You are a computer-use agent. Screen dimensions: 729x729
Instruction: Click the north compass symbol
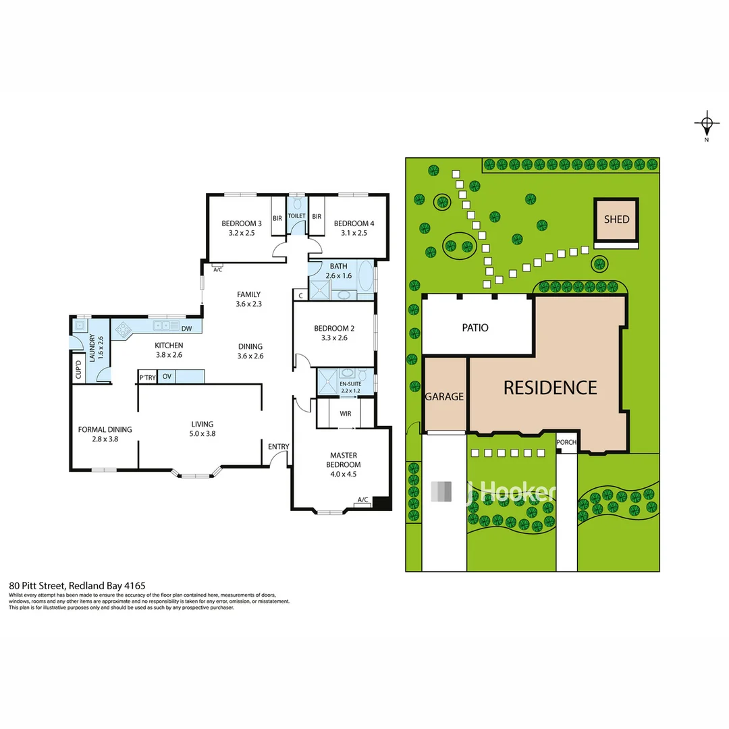[706, 124]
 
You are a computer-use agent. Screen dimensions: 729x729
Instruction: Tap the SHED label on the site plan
[616, 219]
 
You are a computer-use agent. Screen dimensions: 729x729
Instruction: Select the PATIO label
[475, 328]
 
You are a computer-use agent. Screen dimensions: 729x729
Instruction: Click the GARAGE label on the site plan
[444, 397]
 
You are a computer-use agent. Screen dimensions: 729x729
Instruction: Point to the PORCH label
[566, 443]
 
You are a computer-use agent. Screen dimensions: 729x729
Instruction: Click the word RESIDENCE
[550, 387]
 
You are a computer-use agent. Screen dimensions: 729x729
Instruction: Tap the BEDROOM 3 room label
[241, 223]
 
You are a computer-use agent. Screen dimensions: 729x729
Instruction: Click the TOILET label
[297, 216]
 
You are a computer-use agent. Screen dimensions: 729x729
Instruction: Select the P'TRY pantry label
[147, 377]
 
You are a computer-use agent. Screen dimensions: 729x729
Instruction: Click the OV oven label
[166, 377]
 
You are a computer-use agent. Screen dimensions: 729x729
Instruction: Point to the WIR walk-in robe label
[345, 413]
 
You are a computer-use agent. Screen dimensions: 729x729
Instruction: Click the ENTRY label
[278, 446]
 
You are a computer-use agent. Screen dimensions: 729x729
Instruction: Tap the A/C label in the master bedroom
[362, 500]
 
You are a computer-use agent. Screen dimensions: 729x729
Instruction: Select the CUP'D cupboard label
[78, 371]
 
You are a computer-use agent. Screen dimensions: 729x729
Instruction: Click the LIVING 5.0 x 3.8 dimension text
[201, 434]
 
